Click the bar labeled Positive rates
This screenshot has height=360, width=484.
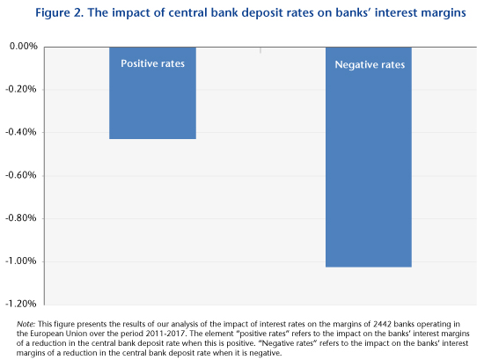(152, 93)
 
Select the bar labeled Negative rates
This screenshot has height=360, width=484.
(369, 158)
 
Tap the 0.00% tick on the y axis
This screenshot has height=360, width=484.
(24, 47)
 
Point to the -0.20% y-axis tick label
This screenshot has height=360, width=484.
(21, 89)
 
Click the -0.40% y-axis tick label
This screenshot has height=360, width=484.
(21, 132)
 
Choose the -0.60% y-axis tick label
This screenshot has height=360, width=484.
(21, 175)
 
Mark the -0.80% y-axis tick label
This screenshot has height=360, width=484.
(21, 218)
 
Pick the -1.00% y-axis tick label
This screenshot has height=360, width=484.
(21, 261)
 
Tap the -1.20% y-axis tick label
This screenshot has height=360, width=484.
(21, 304)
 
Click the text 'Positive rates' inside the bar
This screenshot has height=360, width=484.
(152, 63)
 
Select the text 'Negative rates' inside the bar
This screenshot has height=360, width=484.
(370, 65)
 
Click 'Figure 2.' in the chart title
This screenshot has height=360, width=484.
(60, 13)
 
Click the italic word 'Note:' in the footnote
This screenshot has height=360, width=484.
(26, 324)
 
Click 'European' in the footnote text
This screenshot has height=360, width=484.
(48, 334)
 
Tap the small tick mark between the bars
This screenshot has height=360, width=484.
(260, 50)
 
